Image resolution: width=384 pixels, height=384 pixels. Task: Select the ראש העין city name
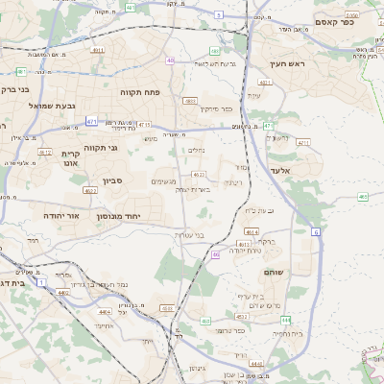pos(286,63)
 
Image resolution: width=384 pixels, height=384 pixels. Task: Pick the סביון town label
pos(113,181)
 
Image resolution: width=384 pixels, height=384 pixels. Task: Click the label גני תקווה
pos(100,147)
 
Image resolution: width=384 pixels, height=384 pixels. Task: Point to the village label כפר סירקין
pos(217,109)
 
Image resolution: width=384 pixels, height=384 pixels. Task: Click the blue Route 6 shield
pos(316,231)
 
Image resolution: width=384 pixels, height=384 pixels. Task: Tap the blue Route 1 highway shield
pos(41,281)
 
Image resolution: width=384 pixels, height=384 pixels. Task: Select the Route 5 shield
pos(219,15)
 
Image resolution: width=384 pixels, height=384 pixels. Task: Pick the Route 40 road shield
pos(170,60)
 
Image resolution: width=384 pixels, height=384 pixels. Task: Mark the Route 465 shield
pos(363,197)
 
